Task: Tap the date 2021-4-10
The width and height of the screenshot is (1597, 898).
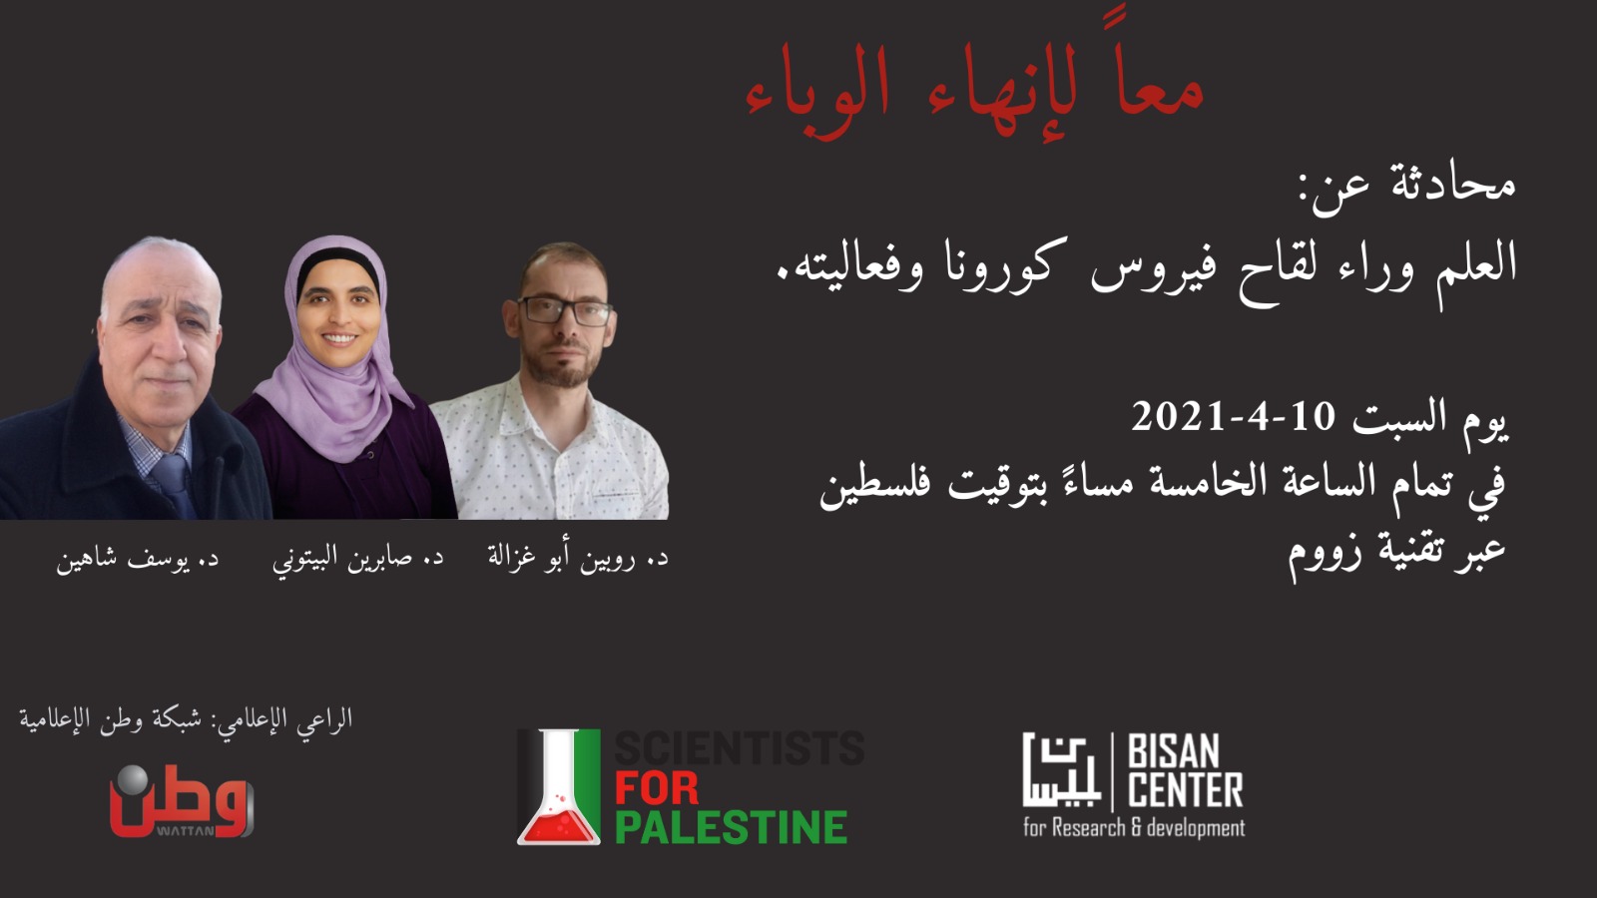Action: (x=1232, y=417)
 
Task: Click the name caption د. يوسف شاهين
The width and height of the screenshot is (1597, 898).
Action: (x=138, y=558)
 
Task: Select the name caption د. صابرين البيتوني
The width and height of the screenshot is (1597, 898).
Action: (x=358, y=558)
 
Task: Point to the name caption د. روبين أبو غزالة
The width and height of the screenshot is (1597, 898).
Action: (x=578, y=558)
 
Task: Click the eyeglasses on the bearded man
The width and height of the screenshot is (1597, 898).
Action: (x=565, y=311)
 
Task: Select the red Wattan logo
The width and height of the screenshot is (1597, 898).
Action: (x=182, y=801)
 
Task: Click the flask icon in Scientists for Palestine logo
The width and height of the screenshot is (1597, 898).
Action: (x=559, y=787)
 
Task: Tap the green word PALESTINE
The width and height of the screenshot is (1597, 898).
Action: (x=731, y=827)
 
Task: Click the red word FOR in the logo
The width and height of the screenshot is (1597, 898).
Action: (x=657, y=788)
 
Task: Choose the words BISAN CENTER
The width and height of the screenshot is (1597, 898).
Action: (x=1185, y=771)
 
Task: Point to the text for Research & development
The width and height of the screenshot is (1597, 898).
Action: (x=1134, y=828)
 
